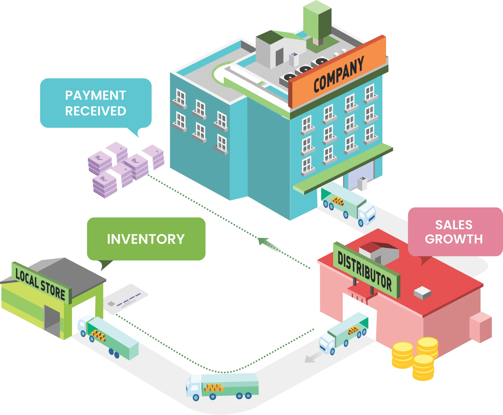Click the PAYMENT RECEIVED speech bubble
pos(96,103)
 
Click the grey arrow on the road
pos(313,357)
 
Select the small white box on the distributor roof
pos(422,292)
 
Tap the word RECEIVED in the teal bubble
pos(96,111)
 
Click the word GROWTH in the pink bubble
pos(454,239)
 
